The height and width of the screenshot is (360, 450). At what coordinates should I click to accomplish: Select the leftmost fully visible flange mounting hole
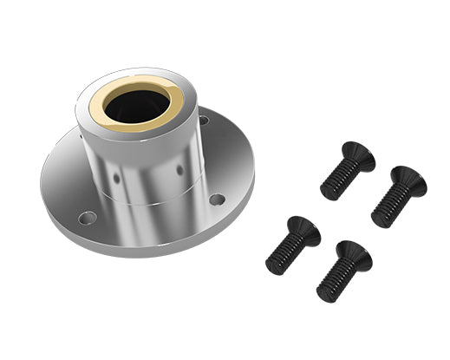[87, 217]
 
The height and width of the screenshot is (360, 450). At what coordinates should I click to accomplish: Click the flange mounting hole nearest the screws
[217, 200]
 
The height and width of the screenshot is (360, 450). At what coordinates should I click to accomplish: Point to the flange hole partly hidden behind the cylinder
[203, 121]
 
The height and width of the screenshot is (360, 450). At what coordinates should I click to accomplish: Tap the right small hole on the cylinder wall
[180, 169]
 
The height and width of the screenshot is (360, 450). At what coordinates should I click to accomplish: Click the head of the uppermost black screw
[357, 155]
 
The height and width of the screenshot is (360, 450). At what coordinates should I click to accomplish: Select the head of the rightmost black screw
[408, 180]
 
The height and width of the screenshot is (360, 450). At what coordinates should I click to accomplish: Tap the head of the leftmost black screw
[303, 230]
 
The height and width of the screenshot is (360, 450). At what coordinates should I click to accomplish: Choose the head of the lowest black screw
[354, 254]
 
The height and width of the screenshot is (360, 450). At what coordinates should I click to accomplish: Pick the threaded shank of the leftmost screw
[285, 252]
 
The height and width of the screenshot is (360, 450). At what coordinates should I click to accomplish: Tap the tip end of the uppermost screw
[327, 192]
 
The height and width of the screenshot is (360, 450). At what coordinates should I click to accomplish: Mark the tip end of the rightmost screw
[377, 220]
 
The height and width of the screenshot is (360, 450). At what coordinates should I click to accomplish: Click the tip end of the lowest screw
[323, 293]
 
